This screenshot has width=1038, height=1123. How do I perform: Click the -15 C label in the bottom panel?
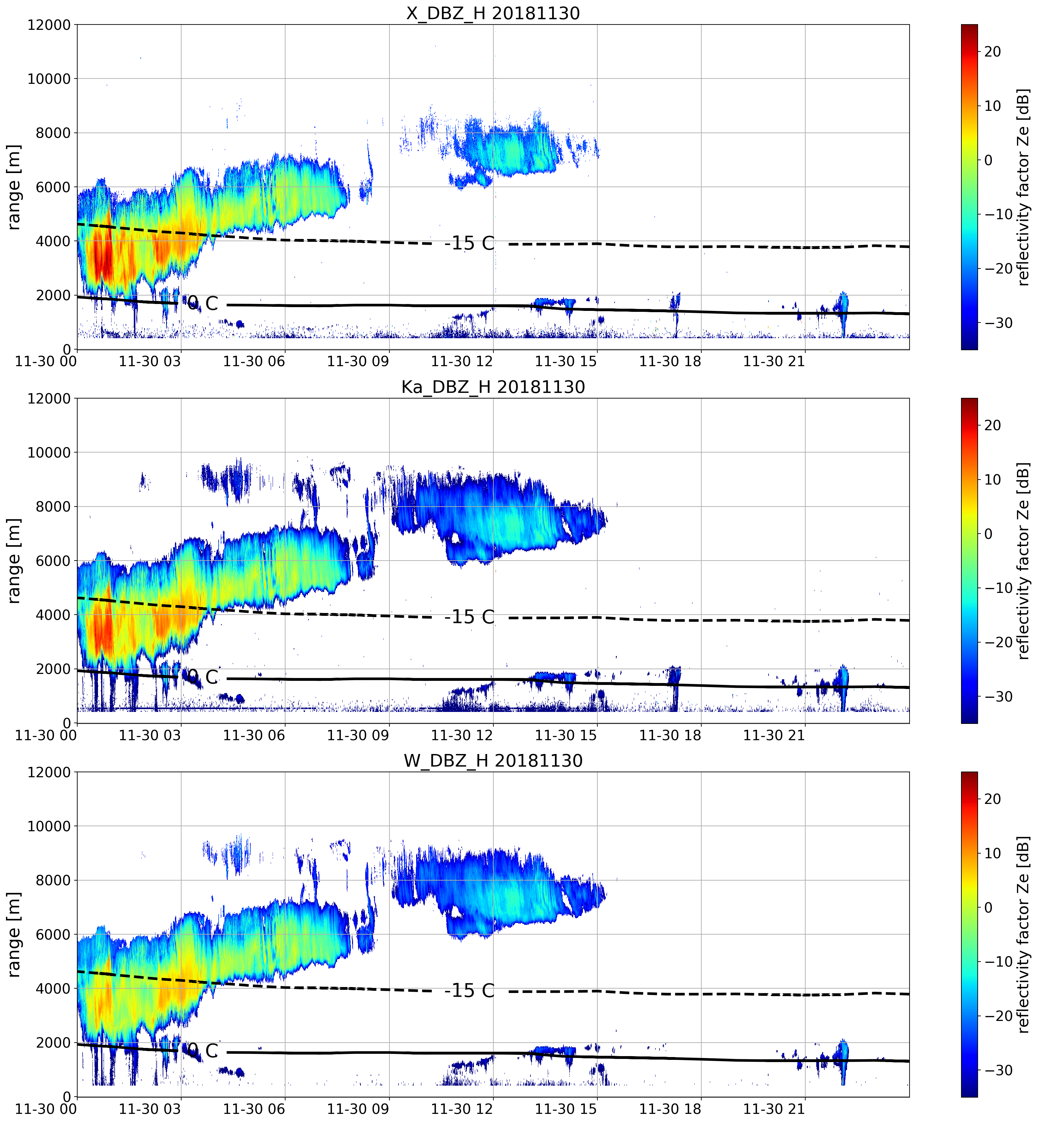(x=470, y=990)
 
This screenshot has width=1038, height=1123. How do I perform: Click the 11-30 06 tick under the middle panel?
(x=254, y=735)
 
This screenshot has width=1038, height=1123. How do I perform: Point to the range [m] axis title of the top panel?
(x=14, y=187)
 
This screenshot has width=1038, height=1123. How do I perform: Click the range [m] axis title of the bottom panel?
(x=14, y=934)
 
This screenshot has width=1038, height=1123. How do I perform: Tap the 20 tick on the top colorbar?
(x=992, y=52)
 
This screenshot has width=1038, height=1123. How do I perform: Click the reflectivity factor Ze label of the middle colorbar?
(x=1024, y=560)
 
